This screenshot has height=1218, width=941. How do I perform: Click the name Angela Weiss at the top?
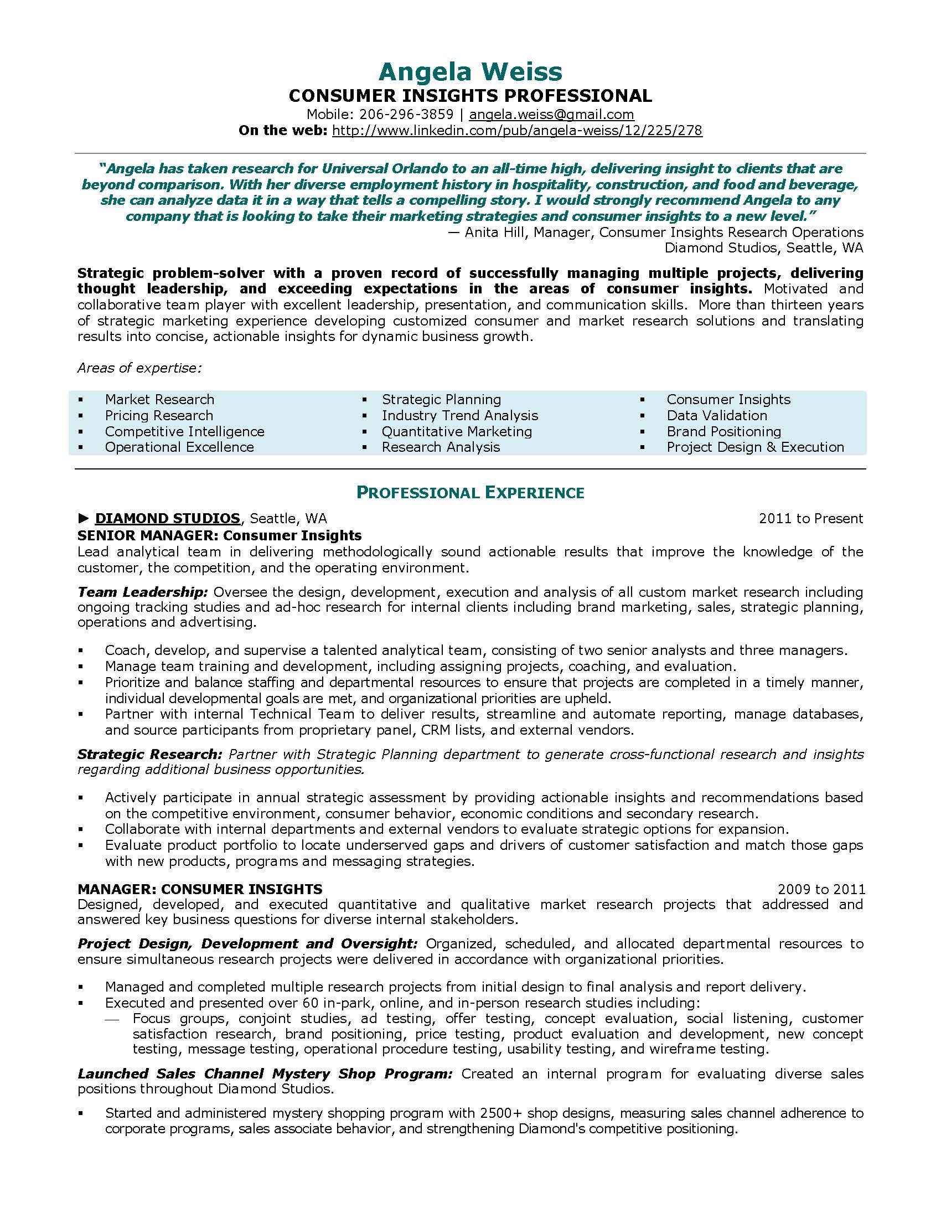tap(471, 71)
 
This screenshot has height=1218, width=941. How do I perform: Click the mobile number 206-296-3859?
tap(406, 115)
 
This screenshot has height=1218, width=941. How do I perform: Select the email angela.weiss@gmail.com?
tap(551, 115)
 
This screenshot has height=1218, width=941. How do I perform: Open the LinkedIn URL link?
tap(517, 131)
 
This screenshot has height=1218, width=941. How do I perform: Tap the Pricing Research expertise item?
tap(159, 415)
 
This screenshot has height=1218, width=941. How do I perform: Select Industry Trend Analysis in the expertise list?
tap(460, 415)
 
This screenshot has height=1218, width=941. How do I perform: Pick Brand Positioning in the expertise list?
tap(723, 431)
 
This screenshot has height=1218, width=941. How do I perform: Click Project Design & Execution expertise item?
tap(755, 447)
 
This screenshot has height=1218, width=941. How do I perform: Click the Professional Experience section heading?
tap(471, 492)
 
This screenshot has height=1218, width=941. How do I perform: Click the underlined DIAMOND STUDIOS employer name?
tap(167, 518)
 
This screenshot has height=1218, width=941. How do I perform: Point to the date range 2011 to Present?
tap(810, 518)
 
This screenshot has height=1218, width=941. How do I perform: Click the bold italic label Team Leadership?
tap(143, 591)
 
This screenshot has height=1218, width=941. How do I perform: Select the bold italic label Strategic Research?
tap(150, 754)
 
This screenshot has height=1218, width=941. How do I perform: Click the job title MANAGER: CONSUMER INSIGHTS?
tap(200, 889)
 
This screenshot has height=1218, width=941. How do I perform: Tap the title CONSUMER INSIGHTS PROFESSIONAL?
tap(471, 96)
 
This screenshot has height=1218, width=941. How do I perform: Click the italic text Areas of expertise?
tap(139, 368)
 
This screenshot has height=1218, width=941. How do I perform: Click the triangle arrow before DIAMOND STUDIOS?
tap(84, 519)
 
